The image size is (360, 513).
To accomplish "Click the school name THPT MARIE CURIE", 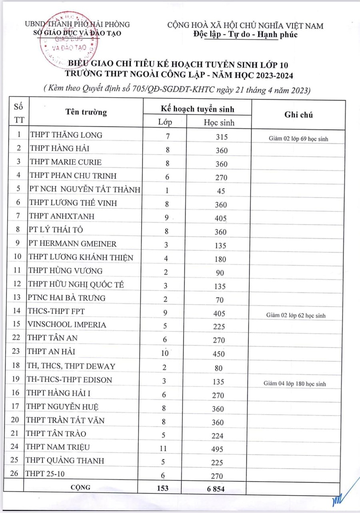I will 66,162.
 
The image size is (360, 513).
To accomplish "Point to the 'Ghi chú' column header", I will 298,115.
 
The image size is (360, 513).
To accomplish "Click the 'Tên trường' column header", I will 86,112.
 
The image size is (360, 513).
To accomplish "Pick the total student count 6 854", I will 218,488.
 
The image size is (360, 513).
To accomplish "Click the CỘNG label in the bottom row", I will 80,487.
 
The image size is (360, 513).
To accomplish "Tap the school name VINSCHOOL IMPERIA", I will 67,325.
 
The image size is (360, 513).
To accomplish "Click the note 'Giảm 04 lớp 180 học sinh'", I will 295,384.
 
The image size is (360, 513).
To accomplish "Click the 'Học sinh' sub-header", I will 219,122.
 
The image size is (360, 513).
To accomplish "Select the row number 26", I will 16,474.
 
